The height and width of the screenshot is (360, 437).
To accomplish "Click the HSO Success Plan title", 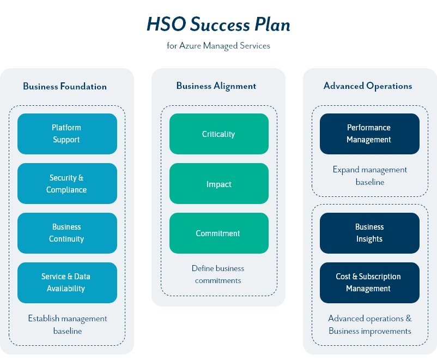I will (218, 25).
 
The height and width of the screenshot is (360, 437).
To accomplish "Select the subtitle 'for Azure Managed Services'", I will (218, 46).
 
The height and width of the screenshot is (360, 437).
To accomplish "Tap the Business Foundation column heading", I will (65, 86).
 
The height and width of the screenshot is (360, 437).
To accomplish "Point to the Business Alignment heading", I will (216, 86).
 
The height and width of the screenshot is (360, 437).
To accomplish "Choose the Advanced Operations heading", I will (368, 86).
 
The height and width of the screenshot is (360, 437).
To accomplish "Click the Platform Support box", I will (67, 134).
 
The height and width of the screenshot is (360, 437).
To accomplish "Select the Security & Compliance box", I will (67, 184).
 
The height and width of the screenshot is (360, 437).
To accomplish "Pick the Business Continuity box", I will (67, 233).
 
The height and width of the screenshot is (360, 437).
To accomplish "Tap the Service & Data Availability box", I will (67, 283).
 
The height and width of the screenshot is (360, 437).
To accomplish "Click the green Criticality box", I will (218, 134).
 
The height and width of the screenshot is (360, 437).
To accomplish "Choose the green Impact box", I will (218, 184).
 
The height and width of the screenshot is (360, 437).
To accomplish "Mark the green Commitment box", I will (218, 233).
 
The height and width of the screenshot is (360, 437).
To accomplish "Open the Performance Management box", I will (369, 134).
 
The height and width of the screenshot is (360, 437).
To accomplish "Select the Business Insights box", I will (369, 233).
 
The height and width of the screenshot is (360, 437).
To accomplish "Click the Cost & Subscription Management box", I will (369, 283).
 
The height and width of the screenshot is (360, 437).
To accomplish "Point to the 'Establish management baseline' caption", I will (68, 325).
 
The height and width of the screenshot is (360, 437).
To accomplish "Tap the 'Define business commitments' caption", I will (218, 274).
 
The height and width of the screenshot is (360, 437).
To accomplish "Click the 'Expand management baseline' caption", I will (370, 176).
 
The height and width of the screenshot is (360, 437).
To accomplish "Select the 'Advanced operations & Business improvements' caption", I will (370, 325).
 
